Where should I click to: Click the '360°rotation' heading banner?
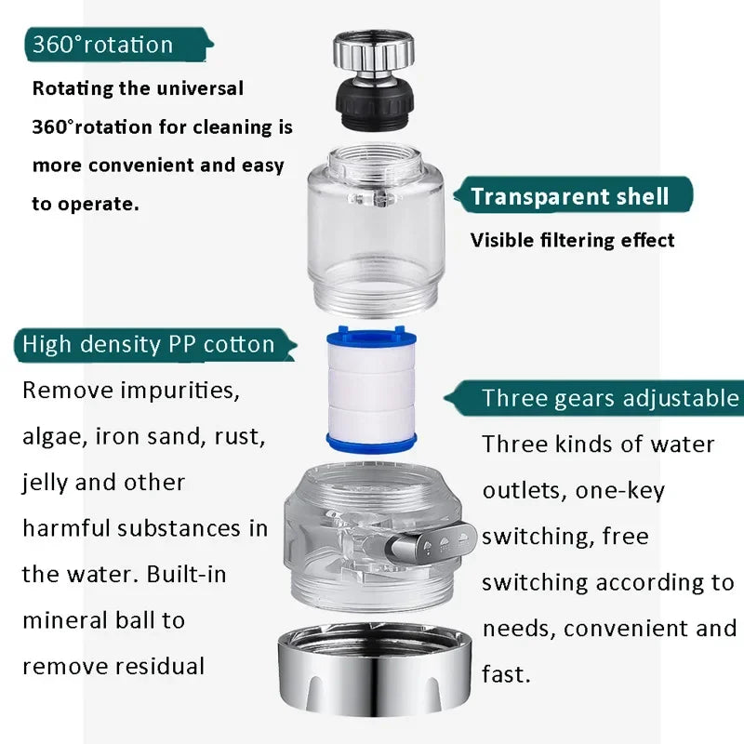(103, 45)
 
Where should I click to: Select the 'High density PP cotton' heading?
(149, 344)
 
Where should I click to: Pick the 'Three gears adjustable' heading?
(609, 398)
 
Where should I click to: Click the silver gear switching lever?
(437, 541)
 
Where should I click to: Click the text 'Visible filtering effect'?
(572, 240)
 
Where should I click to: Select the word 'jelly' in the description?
(47, 483)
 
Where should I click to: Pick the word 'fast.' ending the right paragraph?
(506, 672)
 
